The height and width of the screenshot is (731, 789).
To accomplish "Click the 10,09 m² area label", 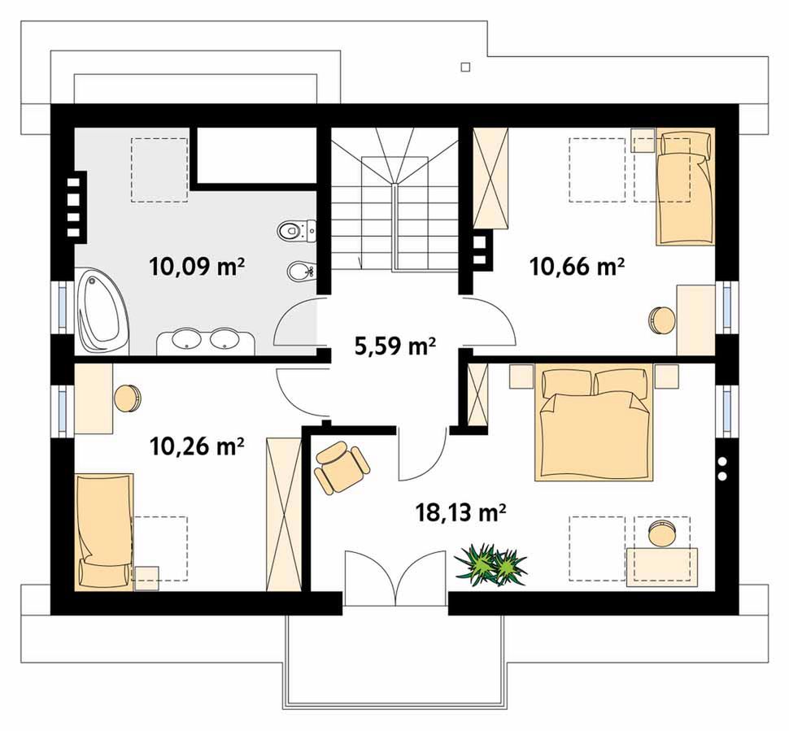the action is pyautogui.click(x=197, y=267).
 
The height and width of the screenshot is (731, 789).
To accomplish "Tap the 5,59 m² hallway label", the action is pyautogui.click(x=395, y=346).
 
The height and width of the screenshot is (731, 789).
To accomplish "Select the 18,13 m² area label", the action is pyautogui.click(x=460, y=513).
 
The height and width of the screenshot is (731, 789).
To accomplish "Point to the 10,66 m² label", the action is pyautogui.click(x=577, y=267).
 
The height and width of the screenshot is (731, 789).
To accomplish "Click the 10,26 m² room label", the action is pyautogui.click(x=197, y=446).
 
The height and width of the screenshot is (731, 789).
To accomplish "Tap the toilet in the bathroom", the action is pyautogui.click(x=296, y=231).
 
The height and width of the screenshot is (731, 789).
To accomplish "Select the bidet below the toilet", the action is pyautogui.click(x=301, y=272).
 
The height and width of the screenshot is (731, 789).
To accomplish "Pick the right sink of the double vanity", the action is pyautogui.click(x=224, y=339).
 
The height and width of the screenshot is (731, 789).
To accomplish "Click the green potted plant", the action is pyautogui.click(x=490, y=564).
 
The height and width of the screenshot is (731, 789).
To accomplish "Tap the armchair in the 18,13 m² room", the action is pyautogui.click(x=341, y=468).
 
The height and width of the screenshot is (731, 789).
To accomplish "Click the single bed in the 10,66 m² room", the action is pyautogui.click(x=685, y=186).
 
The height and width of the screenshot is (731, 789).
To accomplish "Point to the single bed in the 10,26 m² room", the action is pyautogui.click(x=105, y=531).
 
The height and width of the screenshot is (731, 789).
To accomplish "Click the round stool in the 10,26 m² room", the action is pyautogui.click(x=128, y=398).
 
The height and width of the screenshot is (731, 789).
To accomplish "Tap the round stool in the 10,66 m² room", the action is pyautogui.click(x=661, y=320).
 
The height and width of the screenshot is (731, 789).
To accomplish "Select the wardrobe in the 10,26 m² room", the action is pyautogui.click(x=283, y=514).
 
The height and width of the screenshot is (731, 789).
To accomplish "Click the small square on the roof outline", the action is pyautogui.click(x=465, y=67).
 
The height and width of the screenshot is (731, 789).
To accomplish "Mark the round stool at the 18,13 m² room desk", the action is pyautogui.click(x=662, y=533).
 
